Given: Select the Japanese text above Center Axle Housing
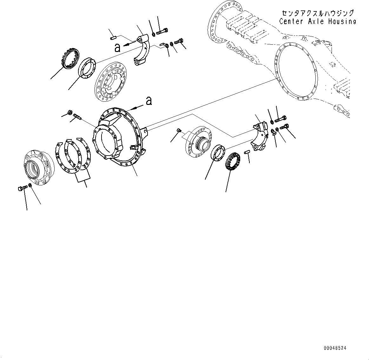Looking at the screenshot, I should coord(317,13).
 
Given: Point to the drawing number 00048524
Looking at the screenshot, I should coord(335,348).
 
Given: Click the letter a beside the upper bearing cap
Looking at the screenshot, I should coord(117,48).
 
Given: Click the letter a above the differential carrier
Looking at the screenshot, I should coord(148,101).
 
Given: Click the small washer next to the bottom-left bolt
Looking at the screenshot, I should coord(30,185).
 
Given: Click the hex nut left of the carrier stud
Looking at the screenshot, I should coord(69,112).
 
